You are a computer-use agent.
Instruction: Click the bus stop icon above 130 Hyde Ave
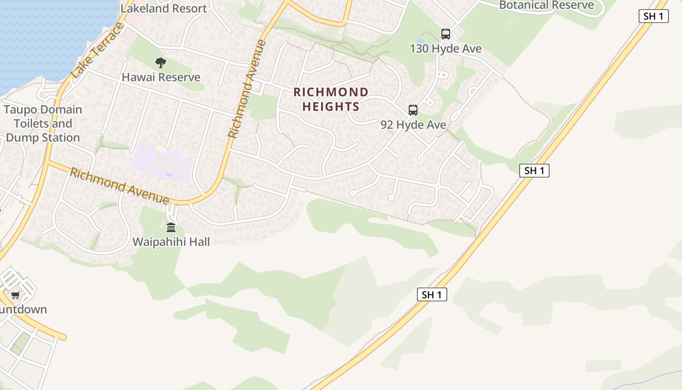(446, 34)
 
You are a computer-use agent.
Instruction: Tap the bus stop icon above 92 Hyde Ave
(413, 110)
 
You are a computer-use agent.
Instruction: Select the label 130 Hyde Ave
(446, 49)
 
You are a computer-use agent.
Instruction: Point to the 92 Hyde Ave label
(413, 125)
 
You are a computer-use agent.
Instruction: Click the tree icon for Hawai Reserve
(161, 62)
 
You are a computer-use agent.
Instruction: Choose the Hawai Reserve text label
(161, 77)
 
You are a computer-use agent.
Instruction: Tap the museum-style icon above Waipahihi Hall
(171, 227)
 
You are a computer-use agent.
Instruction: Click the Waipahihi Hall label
(171, 242)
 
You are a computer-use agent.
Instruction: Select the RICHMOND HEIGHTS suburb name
(331, 99)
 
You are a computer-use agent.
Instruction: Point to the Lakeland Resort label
(164, 8)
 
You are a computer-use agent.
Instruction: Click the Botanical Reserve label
(547, 5)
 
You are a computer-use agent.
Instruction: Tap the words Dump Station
(43, 137)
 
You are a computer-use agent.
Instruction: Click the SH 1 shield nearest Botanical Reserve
(653, 16)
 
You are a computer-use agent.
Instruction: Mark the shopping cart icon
(16, 295)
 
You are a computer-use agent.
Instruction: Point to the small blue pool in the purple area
(169, 174)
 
